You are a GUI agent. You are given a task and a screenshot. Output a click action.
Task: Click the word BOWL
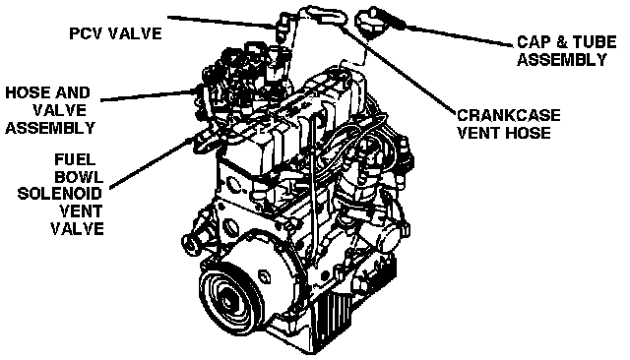pyautogui.click(x=79, y=177)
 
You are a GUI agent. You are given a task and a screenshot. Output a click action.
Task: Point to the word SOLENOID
pyautogui.click(x=59, y=194)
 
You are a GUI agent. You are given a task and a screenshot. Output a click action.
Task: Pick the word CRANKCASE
pyautogui.click(x=509, y=116)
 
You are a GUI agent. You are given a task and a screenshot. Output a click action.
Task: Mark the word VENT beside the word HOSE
pyautogui.click(x=478, y=133)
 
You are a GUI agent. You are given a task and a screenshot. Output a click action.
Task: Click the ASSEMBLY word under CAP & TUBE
pyautogui.click(x=562, y=60)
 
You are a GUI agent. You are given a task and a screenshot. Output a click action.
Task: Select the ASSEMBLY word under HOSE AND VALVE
pyautogui.click(x=50, y=128)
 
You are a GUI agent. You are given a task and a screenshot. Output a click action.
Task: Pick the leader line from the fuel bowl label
pyautogui.click(x=152, y=162)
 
